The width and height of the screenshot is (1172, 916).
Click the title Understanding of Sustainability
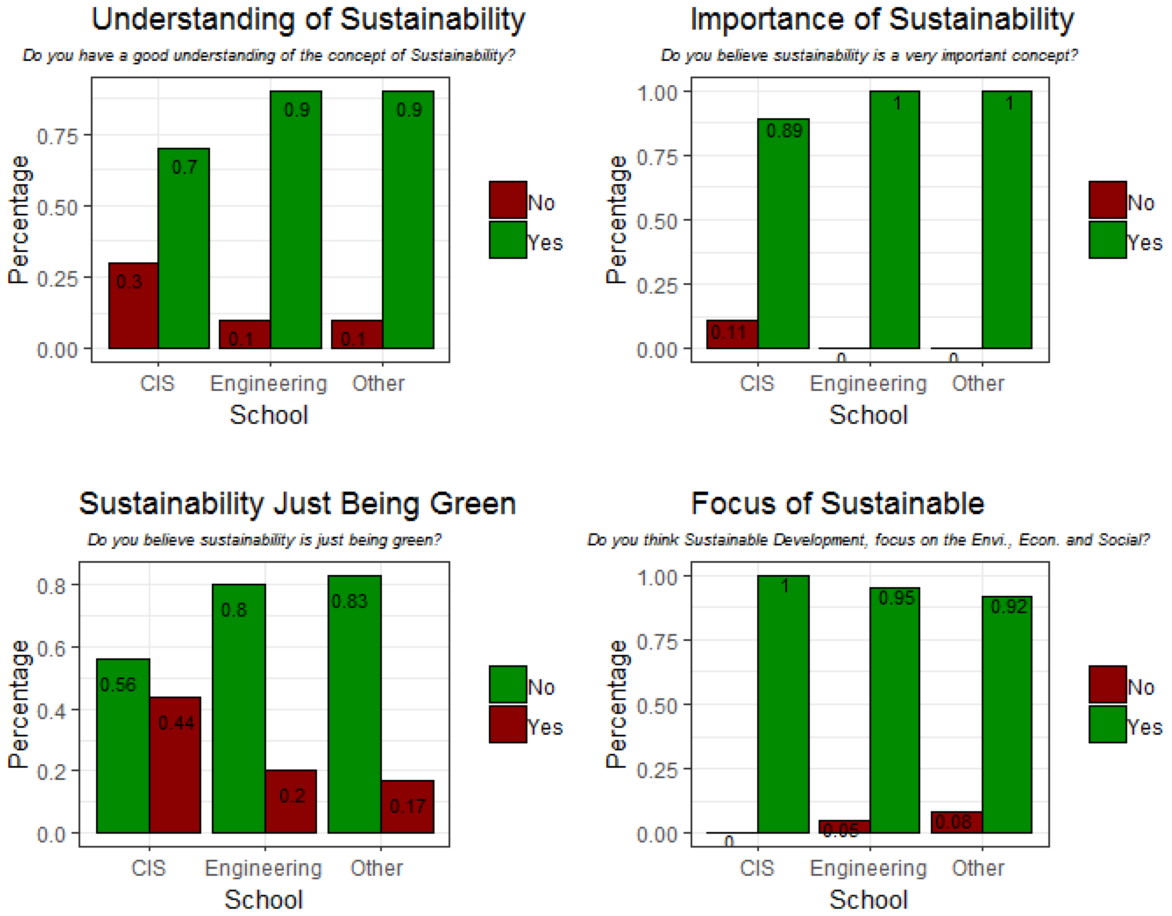308,19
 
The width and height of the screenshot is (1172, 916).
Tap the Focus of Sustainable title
837,504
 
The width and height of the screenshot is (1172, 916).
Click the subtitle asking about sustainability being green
264,539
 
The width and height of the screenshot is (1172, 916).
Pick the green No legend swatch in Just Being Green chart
508,684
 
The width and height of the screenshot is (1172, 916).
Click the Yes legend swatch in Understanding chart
508,240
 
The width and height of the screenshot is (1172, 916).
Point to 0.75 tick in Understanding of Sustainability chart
57,136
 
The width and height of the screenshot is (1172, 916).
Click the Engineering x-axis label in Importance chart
868,384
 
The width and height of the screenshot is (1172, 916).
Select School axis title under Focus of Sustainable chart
868,899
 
